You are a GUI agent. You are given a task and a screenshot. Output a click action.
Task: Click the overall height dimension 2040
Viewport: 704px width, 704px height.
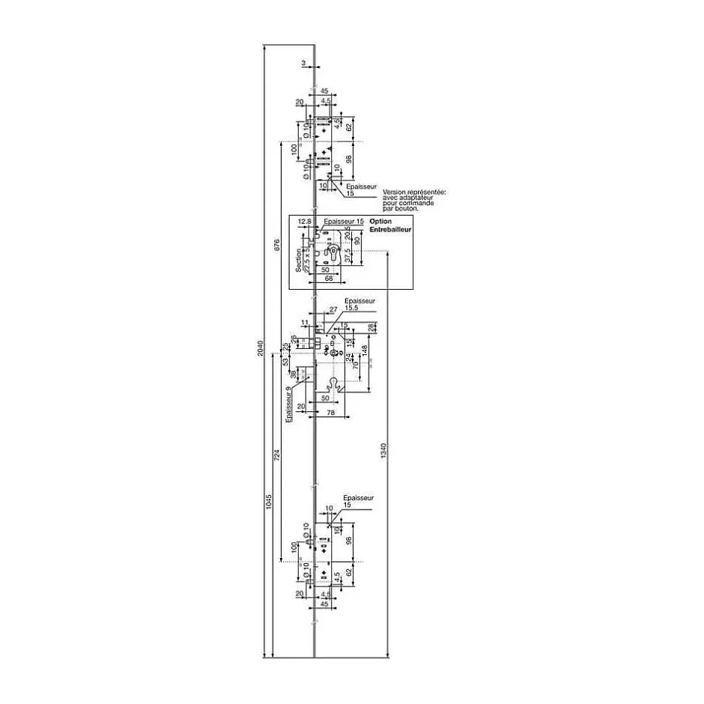260,348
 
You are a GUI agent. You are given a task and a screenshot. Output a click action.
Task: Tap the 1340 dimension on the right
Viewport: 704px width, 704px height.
383,451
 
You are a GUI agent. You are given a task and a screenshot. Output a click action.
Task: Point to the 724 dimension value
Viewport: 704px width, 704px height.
276,455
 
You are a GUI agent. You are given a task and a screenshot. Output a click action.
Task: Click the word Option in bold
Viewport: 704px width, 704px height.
380,222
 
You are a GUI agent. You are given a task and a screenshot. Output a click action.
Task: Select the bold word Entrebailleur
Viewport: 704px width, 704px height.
391,230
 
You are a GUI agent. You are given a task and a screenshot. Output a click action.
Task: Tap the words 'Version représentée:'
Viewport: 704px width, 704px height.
414,192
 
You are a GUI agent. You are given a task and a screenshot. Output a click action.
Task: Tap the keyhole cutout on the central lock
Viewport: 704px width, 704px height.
334,385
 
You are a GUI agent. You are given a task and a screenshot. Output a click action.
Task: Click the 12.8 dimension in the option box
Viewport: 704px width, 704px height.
303,222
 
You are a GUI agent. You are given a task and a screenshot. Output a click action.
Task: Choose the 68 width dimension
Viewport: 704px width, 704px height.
328,279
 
